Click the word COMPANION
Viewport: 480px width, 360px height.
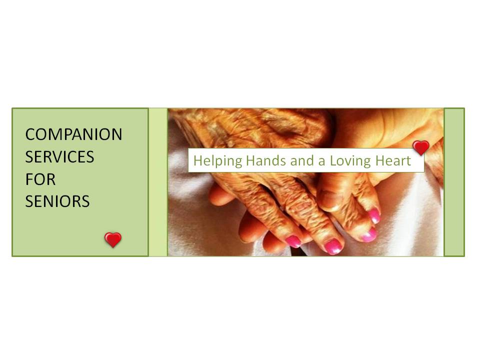(x=73, y=134)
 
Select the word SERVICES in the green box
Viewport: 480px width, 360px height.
(x=59, y=157)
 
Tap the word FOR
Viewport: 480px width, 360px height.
(x=40, y=179)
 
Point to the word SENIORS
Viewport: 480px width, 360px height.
(x=57, y=201)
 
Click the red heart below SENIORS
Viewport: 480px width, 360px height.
(x=113, y=239)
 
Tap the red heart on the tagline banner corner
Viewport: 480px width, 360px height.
(x=420, y=147)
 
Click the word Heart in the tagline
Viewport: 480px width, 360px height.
(x=393, y=160)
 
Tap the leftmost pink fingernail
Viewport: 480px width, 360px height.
(x=293, y=241)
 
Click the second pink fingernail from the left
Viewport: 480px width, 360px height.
(x=333, y=246)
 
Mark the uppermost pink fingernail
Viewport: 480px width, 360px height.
(x=374, y=216)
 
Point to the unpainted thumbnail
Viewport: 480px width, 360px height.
(x=330, y=200)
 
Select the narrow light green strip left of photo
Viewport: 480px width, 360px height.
(x=158, y=182)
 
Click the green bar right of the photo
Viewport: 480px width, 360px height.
(x=454, y=182)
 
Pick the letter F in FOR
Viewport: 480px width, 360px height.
(x=29, y=179)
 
